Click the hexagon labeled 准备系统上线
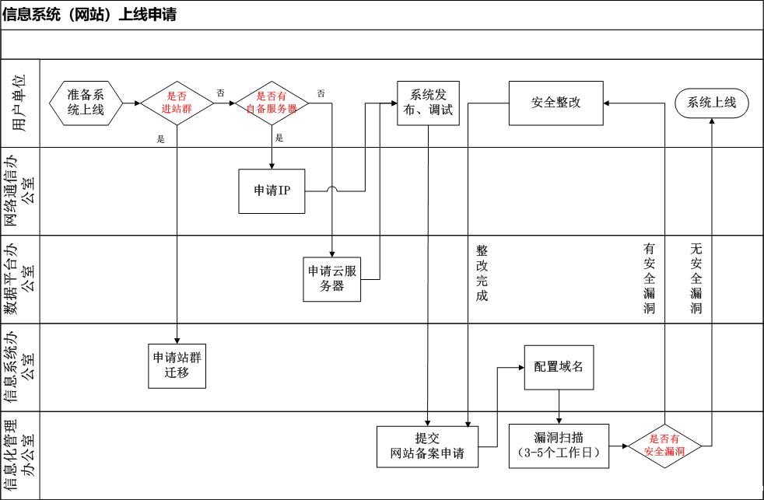[x=86, y=103]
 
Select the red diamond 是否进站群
[x=177, y=103]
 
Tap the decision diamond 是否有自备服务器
[x=272, y=103]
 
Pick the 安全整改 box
[x=556, y=103]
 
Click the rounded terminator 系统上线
[x=712, y=103]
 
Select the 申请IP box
[x=272, y=191]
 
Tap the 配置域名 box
[x=559, y=366]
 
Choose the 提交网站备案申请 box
[x=427, y=446]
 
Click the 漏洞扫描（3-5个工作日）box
[x=558, y=446]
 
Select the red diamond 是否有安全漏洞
[x=664, y=446]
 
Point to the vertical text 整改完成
[x=482, y=273]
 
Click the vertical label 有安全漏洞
[x=650, y=278]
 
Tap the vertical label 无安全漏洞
[x=696, y=278]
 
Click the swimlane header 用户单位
[x=20, y=103]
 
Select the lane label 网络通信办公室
[x=20, y=191]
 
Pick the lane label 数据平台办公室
[x=20, y=278]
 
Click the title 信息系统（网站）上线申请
[x=89, y=15]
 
